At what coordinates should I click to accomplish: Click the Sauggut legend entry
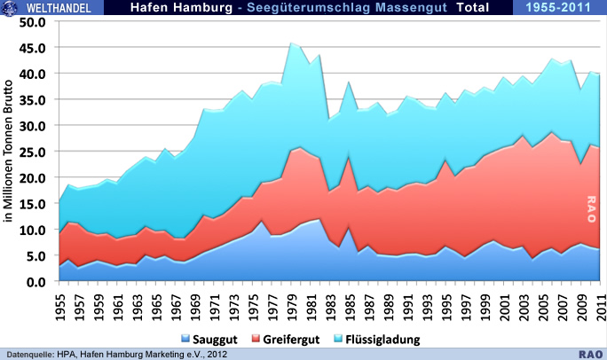[215, 340]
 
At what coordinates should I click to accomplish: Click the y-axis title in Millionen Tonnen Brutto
[10, 151]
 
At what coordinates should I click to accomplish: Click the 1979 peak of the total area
[291, 43]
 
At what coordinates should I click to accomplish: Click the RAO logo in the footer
[591, 352]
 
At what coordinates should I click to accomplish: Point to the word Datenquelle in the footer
[30, 352]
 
